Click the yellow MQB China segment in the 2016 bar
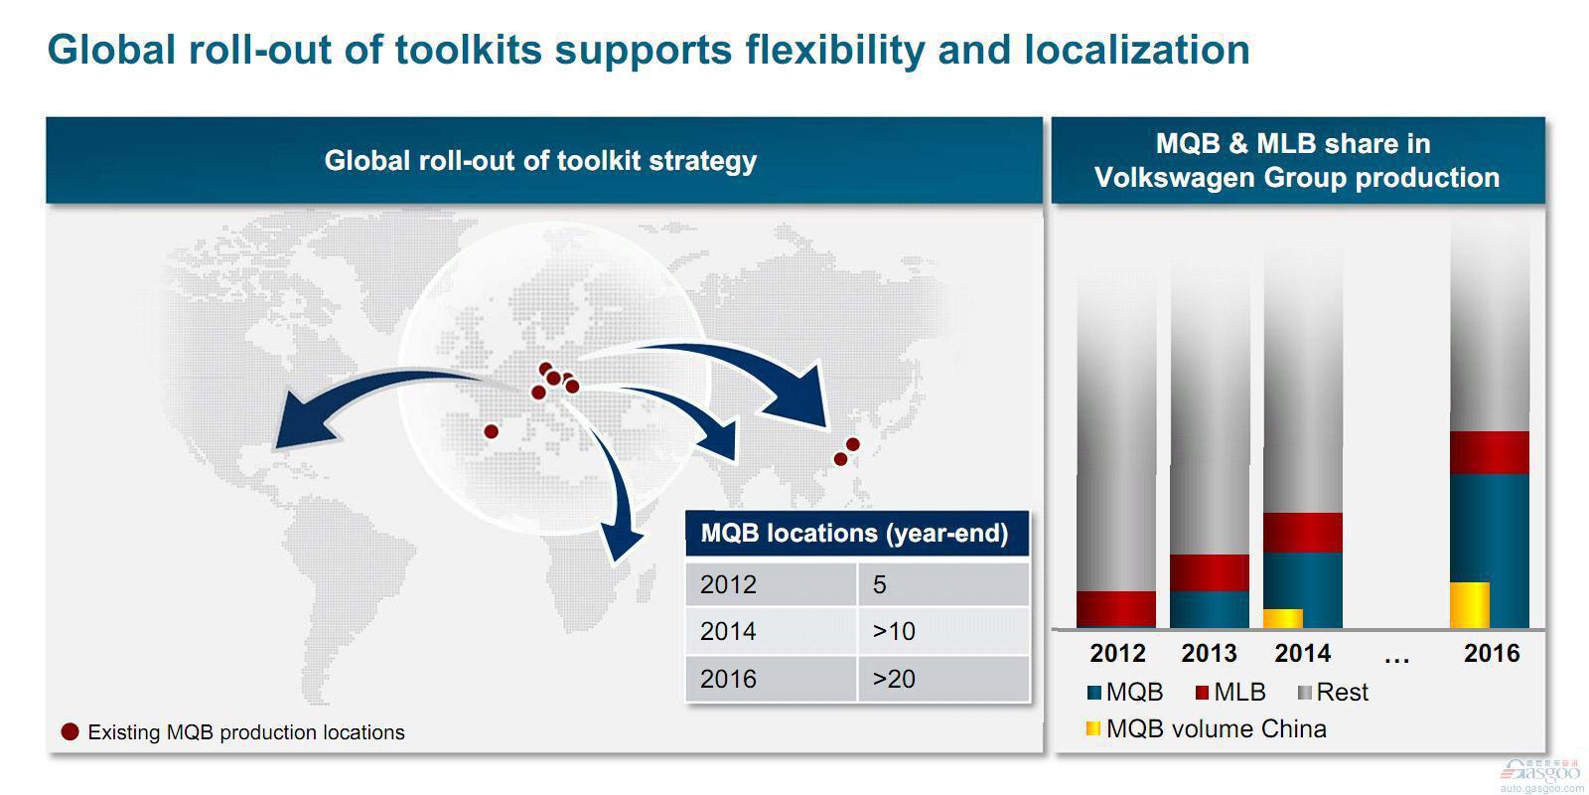tap(1469, 605)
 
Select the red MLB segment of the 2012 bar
tap(1116, 609)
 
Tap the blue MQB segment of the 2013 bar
tap(1209, 609)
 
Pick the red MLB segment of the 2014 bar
tap(1303, 533)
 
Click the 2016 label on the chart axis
tap(1491, 653)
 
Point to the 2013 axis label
tap(1209, 653)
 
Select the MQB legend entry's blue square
tap(1093, 692)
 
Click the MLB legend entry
tap(1230, 692)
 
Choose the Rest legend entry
tap(1332, 692)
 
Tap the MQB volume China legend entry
tap(1206, 729)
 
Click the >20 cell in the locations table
tap(943, 680)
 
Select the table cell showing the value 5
tap(943, 585)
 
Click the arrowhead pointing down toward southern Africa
tap(620, 543)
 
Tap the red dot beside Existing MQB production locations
tap(70, 731)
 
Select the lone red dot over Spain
tap(491, 431)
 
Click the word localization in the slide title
tap(1136, 50)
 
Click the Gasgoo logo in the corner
tap(1540, 775)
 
